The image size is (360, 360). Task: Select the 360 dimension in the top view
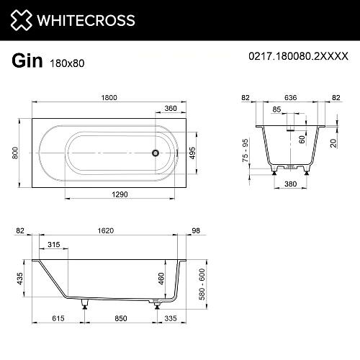170,109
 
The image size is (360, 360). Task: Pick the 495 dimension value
192,153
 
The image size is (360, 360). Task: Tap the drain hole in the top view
153,152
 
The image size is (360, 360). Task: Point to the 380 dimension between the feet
290,183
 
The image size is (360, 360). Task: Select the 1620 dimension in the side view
107,231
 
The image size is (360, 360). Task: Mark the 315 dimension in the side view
54,245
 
